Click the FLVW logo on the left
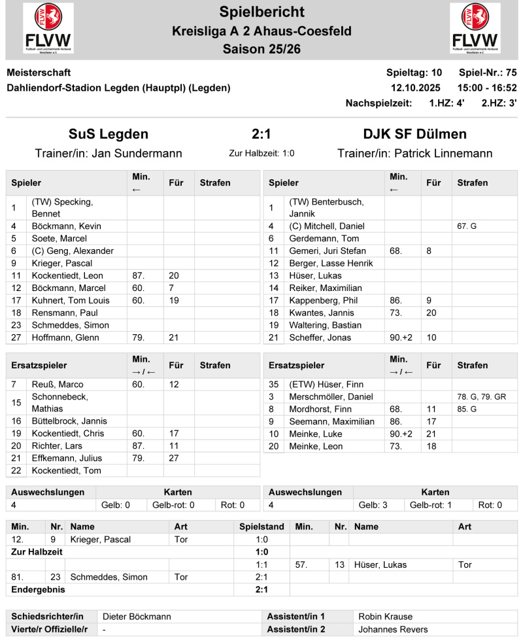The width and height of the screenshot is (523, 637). point(48,28)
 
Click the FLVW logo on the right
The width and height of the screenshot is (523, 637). point(475,28)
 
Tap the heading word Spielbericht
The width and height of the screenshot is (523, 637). point(261,11)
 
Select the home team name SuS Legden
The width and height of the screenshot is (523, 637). point(109,134)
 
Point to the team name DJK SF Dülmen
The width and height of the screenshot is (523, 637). point(414,134)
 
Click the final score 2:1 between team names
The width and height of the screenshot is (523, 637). point(261,134)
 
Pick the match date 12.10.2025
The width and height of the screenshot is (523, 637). point(416,88)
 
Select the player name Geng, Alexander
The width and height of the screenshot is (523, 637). point(73,251)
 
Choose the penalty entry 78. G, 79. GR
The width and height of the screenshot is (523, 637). point(481,397)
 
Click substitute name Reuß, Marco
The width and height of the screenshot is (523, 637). point(58,385)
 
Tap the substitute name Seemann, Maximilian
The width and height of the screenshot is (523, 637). point(331,422)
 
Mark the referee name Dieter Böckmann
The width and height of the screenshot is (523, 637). point(135,617)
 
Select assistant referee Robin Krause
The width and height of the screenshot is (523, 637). point(386,617)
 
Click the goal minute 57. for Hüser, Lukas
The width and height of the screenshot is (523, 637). point(301,565)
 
